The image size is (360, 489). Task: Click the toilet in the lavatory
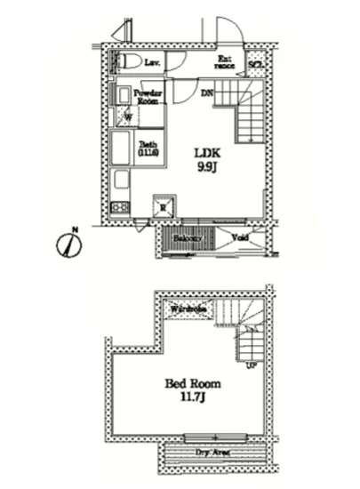point(130,61)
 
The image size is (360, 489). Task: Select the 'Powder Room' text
point(147,95)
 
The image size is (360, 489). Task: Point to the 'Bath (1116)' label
point(148,148)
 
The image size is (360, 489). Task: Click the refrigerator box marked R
point(163,206)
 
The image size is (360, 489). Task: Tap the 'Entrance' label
point(227,62)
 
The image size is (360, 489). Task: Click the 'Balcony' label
point(188,238)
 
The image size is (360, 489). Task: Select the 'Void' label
point(239,237)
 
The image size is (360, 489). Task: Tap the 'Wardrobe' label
point(188,309)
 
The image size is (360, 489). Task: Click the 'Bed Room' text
point(192,383)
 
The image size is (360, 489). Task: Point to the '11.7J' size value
point(193,398)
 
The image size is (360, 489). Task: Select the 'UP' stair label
point(252,365)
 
